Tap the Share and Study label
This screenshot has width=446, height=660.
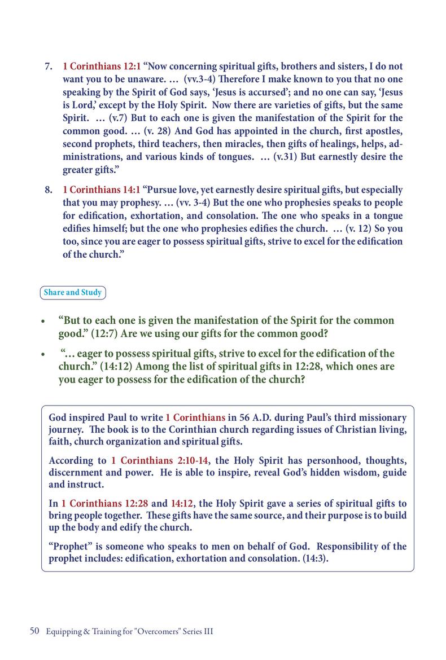click(x=73, y=293)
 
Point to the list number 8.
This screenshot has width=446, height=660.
click(x=49, y=190)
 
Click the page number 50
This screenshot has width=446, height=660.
click(x=34, y=632)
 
